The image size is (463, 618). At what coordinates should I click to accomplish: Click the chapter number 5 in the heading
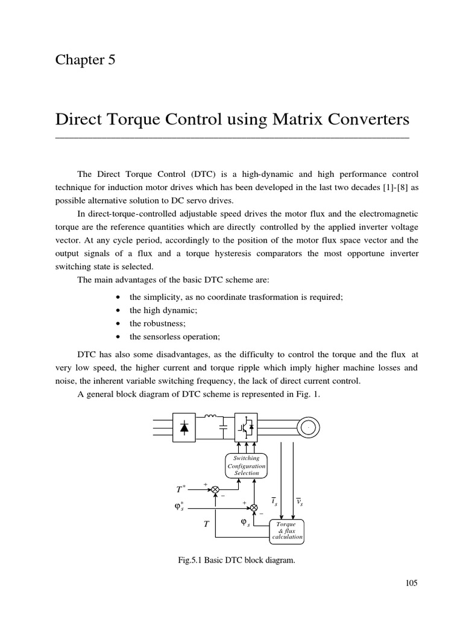pyautogui.click(x=110, y=60)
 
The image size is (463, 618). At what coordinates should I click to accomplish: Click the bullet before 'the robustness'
pyautogui.click(x=117, y=323)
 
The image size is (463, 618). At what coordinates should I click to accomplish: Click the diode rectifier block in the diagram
pyautogui.click(x=184, y=428)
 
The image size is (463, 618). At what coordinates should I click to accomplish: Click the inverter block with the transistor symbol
pyautogui.click(x=247, y=428)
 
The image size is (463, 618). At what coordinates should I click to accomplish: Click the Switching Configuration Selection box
pyautogui.click(x=246, y=465)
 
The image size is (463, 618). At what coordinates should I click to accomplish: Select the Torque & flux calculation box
pyautogui.click(x=286, y=530)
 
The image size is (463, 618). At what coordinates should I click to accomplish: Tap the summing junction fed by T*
pyautogui.click(x=215, y=489)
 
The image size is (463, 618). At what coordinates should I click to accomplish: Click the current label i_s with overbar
pyautogui.click(x=274, y=502)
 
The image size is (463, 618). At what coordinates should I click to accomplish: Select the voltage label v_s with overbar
pyautogui.click(x=299, y=502)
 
